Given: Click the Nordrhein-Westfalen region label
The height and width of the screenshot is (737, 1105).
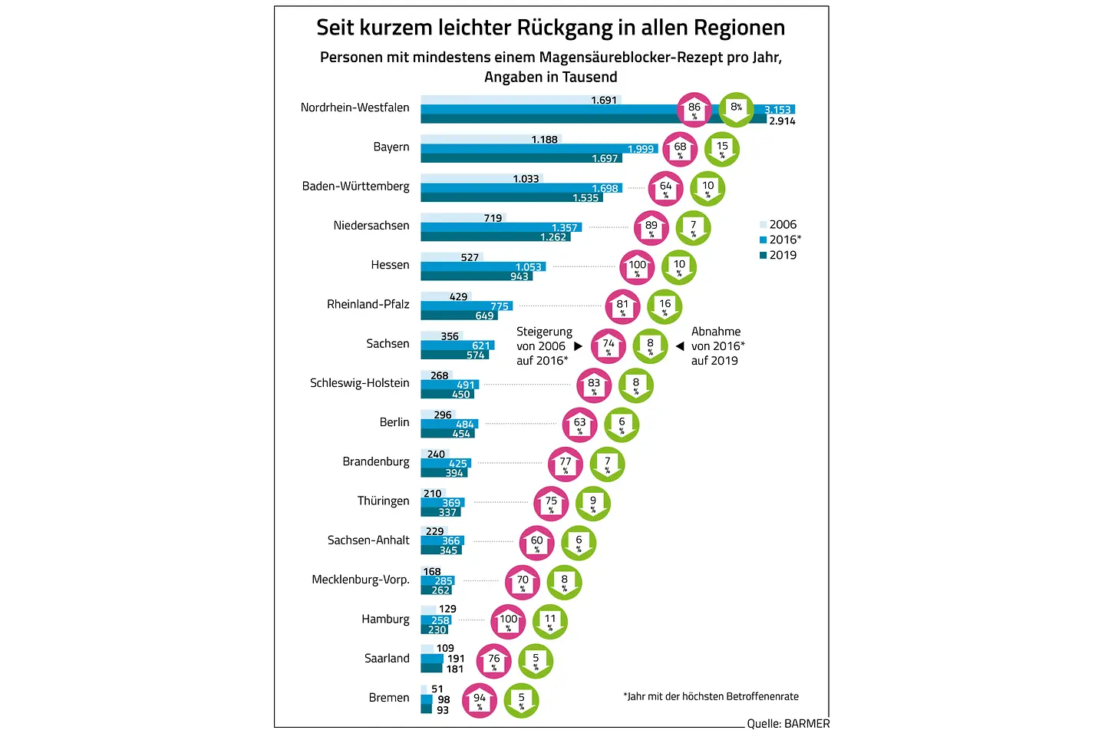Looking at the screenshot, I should point(355,107).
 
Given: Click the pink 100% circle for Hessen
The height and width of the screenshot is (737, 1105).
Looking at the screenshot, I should point(637,267).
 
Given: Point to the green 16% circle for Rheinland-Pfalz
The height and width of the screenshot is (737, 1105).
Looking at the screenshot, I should point(665,306).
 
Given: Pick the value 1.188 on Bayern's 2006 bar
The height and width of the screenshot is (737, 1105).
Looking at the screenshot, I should point(545,140).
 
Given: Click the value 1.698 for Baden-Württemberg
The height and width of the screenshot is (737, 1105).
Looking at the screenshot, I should point(605,188).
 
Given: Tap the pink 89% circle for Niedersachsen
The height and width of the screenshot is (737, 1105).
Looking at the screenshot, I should point(651,228).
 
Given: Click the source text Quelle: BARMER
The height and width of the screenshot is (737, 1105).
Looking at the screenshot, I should point(788,723).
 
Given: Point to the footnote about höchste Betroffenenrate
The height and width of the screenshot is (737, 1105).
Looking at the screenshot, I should point(711,696).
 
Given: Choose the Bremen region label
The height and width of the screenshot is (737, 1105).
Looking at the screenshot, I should point(389,698).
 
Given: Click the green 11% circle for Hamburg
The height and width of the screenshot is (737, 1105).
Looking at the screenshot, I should point(550,621).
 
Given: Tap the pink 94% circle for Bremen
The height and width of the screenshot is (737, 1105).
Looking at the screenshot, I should point(480,700).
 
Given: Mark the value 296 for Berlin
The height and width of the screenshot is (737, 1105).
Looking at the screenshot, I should point(443,415).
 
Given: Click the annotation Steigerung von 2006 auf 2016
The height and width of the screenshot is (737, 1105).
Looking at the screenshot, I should point(543,346).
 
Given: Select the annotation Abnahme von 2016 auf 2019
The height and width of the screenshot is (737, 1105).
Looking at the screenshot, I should point(717,346).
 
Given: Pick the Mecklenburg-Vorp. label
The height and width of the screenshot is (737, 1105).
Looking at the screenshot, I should point(361,580).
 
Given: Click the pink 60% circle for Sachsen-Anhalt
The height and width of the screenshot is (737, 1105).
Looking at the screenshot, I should point(536,543).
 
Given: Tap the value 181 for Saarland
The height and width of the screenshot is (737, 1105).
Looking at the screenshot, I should point(455,669).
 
